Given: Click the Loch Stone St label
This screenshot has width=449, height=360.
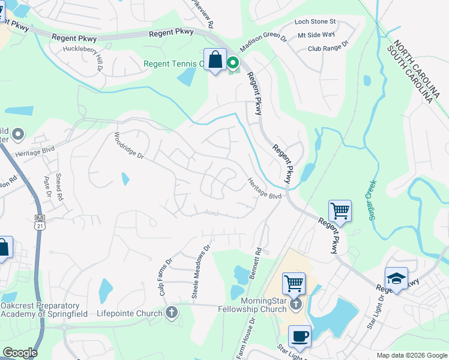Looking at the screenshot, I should pyautogui.click(x=315, y=22).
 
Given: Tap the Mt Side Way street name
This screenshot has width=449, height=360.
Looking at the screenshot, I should pyautogui.click(x=321, y=35).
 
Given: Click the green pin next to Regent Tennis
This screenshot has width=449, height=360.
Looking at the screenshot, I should pyautogui.click(x=232, y=62).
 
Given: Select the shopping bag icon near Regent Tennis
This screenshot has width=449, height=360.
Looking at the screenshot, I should pyautogui.click(x=215, y=59).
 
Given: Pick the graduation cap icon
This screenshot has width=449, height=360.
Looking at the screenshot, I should pyautogui.click(x=396, y=278).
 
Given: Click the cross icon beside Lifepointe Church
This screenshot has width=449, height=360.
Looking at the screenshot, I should pyautogui.click(x=172, y=313).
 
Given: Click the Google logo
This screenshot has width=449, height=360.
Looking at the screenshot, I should pyautogui.click(x=20, y=353).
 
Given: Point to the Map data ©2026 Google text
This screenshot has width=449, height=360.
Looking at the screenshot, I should pyautogui.click(x=411, y=355).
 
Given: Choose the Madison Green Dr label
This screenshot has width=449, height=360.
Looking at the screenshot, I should pyautogui.click(x=264, y=41).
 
